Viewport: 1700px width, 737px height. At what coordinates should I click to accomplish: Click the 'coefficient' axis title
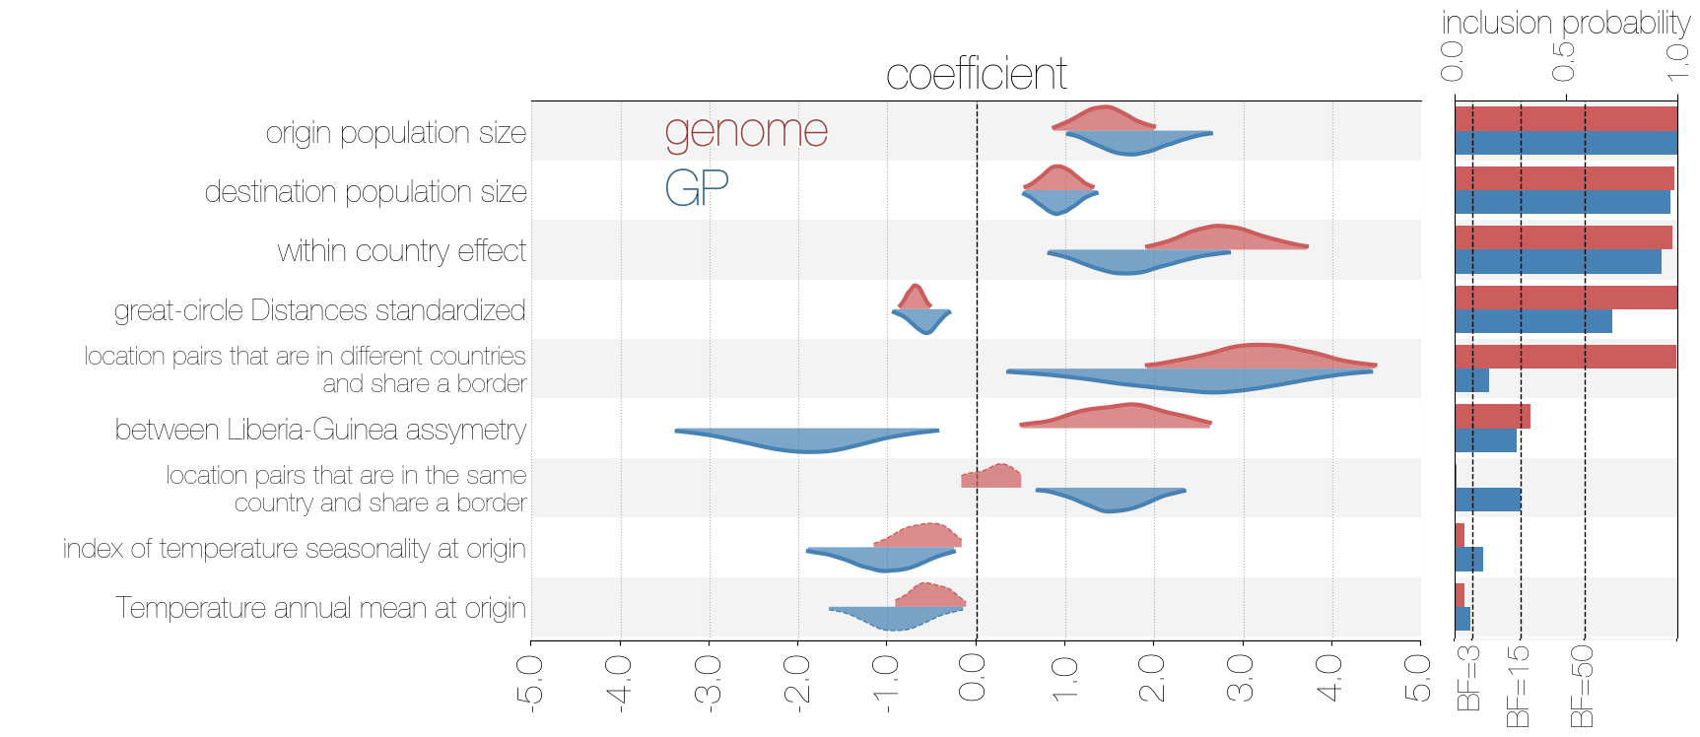(976, 74)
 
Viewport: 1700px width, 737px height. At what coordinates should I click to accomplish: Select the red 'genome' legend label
(746, 131)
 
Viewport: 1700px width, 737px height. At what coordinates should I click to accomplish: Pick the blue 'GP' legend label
(697, 187)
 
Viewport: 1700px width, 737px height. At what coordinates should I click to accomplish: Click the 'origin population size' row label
(396, 133)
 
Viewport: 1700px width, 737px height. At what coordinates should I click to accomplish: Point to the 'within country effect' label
(402, 251)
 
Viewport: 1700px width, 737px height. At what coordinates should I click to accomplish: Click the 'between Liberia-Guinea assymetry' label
(320, 430)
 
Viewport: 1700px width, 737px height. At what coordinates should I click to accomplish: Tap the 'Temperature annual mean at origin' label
(320, 608)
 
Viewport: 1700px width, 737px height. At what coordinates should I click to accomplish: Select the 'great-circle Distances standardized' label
(319, 310)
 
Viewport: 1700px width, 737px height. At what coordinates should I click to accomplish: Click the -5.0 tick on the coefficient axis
(531, 680)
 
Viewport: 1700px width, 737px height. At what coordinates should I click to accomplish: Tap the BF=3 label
(1468, 678)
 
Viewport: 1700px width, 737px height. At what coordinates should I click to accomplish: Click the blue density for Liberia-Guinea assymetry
(808, 439)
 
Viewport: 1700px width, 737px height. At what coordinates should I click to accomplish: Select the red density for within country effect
(1222, 238)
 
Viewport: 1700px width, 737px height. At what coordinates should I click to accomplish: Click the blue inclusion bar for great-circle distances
(1533, 321)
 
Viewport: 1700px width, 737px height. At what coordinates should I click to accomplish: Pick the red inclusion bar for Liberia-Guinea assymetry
(1492, 416)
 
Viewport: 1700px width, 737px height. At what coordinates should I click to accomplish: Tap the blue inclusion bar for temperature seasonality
(1468, 560)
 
